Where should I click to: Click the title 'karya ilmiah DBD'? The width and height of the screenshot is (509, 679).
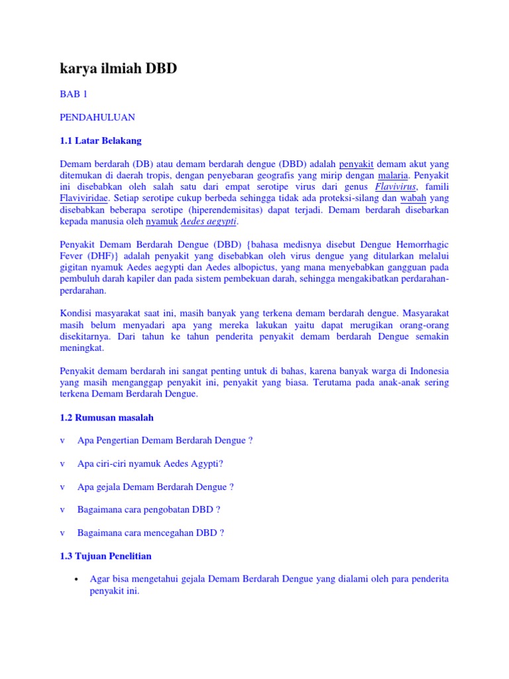[119, 68]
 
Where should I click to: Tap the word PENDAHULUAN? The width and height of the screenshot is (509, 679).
[97, 117]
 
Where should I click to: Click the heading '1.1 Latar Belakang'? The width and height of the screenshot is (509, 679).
[100, 141]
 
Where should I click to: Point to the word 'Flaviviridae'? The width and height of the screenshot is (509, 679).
[84, 198]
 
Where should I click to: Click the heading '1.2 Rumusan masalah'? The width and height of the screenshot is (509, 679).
[107, 418]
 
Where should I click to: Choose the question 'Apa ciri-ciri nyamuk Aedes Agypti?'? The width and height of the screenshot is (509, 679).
[150, 463]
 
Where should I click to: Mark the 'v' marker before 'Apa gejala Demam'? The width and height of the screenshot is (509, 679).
[62, 487]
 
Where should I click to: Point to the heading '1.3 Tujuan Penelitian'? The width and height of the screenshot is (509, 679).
[105, 556]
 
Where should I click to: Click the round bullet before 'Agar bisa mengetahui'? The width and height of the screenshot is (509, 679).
[78, 580]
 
